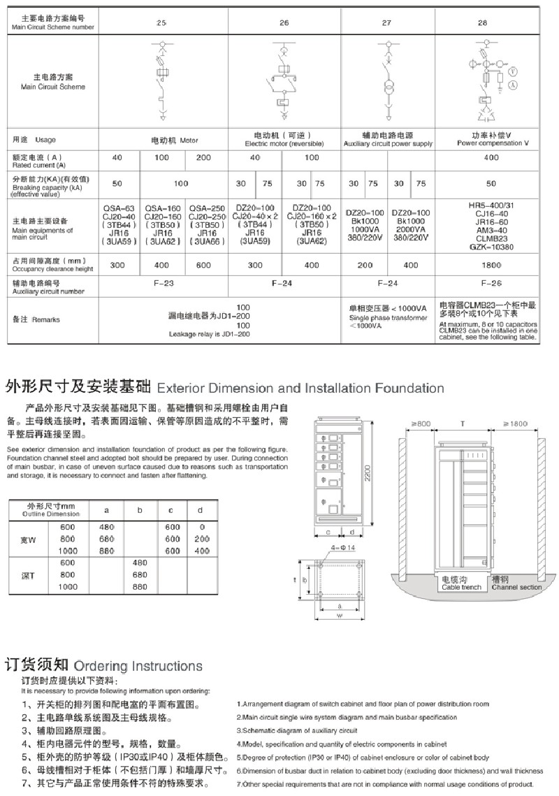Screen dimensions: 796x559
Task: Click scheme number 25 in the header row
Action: (x=161, y=23)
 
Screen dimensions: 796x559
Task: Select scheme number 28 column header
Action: (x=482, y=23)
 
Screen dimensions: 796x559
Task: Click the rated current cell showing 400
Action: (x=483, y=158)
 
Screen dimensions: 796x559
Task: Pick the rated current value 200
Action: (x=203, y=158)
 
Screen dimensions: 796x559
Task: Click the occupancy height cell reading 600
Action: (x=203, y=266)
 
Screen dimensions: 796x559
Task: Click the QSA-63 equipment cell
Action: (x=119, y=225)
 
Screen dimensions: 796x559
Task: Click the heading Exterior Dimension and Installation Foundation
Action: (x=300, y=388)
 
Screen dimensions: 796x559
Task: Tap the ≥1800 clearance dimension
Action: (x=519, y=424)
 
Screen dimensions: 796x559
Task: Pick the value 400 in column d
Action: (x=202, y=551)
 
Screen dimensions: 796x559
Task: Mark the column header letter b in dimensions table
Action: (x=139, y=511)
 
